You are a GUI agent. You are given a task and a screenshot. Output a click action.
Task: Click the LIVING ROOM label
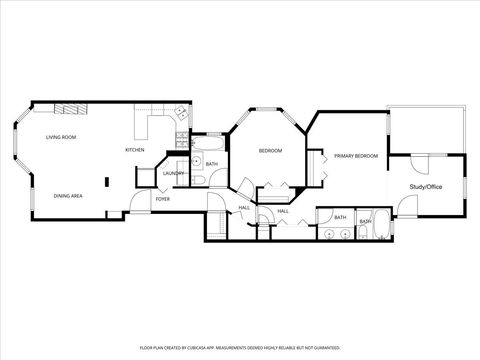click(62, 137)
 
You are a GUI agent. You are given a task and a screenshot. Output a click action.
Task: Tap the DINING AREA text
click(68, 196)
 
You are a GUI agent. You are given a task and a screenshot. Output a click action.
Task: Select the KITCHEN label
click(134, 150)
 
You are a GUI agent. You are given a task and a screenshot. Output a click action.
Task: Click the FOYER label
click(162, 199)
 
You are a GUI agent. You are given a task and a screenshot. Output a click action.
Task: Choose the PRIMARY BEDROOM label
click(355, 156)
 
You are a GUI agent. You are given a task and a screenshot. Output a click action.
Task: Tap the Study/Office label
click(427, 187)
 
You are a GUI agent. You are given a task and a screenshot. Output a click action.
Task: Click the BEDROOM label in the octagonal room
click(270, 151)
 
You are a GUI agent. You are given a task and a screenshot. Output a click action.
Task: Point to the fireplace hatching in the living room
click(70, 109)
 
